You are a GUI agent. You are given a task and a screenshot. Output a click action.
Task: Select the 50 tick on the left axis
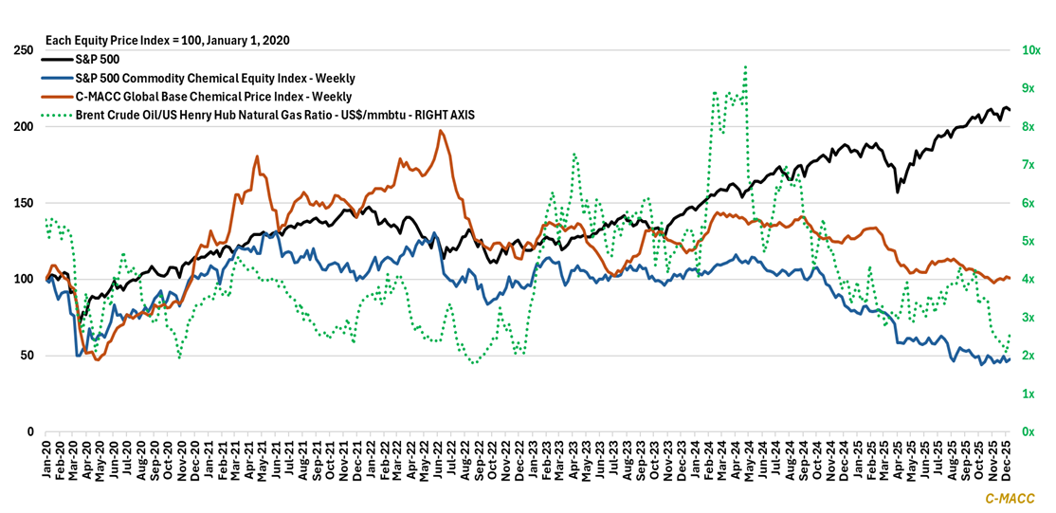(x=25, y=356)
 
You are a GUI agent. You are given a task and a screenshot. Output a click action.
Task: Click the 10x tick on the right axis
(x=1031, y=50)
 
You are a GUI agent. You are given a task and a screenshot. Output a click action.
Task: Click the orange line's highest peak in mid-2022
(x=440, y=131)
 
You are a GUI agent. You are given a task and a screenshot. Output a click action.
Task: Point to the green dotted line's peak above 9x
(x=746, y=66)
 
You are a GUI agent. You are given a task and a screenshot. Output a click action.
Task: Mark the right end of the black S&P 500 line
(x=1010, y=110)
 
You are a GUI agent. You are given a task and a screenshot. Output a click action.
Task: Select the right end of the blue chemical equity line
(x=1010, y=358)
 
